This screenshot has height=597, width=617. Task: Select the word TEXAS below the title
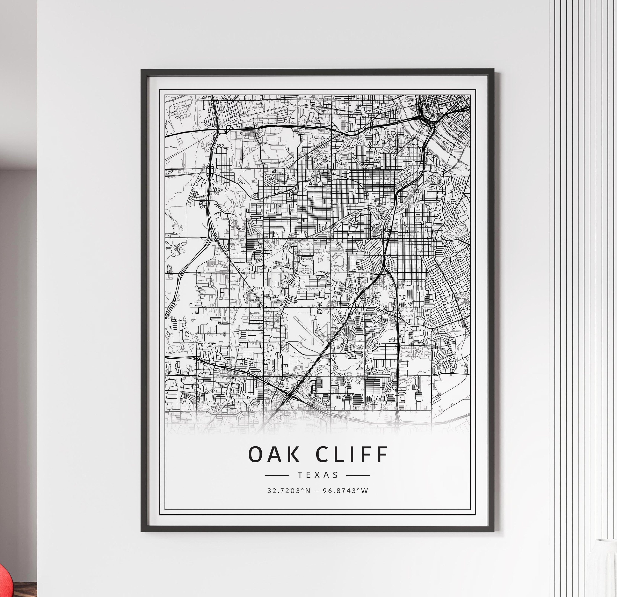(318, 475)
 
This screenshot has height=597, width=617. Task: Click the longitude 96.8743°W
(345, 491)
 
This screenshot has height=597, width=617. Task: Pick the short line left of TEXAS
(277, 476)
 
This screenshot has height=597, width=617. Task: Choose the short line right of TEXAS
(358, 476)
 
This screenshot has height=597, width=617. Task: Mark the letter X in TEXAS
(318, 475)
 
